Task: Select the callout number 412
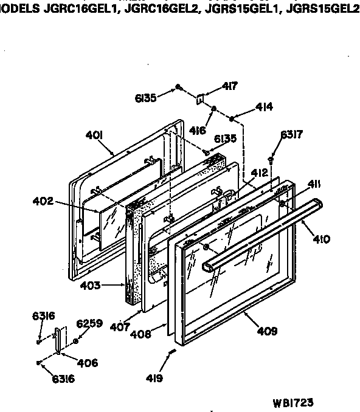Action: pyautogui.click(x=259, y=173)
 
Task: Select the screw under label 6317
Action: pyautogui.click(x=271, y=159)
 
